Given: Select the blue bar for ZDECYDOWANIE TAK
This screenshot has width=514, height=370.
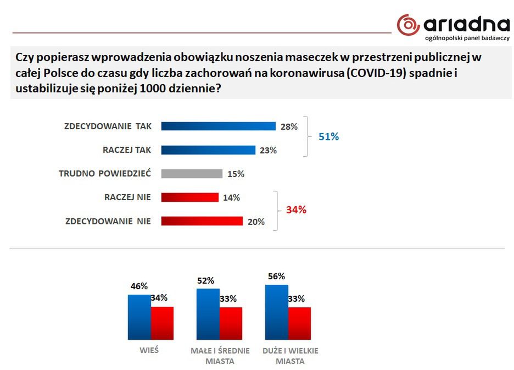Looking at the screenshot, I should click(218, 126).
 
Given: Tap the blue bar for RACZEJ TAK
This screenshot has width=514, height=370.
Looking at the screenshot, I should click(208, 150).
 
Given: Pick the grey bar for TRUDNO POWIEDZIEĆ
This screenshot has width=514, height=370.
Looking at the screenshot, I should click(192, 174).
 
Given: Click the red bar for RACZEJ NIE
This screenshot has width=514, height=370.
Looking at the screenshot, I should click(189, 197).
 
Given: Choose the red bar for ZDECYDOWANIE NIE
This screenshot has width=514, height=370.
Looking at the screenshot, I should click(202, 221).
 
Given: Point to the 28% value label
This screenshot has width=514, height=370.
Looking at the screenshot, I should click(288, 127).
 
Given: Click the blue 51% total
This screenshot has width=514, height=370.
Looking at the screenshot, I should click(329, 137).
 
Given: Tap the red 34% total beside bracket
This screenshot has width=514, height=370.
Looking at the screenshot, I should click(296, 209).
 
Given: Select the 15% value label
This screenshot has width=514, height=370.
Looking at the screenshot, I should click(235, 174).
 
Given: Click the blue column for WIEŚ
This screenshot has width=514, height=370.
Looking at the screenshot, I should click(139, 318).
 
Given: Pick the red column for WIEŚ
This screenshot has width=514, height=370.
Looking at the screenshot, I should click(162, 324).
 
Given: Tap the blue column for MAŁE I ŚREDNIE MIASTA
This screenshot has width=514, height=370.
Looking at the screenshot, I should click(208, 314).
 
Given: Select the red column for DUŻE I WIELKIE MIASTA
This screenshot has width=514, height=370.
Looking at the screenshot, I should click(299, 324).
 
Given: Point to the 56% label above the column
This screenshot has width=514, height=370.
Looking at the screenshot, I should click(276, 277).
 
